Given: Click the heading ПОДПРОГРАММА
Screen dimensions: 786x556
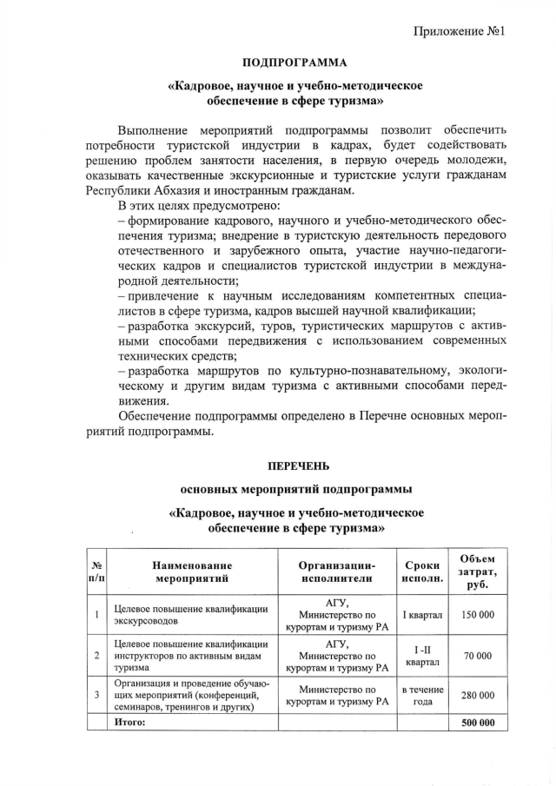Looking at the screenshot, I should pyautogui.click(x=295, y=63).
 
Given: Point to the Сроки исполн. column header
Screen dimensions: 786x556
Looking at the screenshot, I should pyautogui.click(x=422, y=570).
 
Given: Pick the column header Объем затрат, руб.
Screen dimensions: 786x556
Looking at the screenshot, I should pyautogui.click(x=477, y=570).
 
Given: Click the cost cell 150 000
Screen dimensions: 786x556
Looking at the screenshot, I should pyautogui.click(x=477, y=614).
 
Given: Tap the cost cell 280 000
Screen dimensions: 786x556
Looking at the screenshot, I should pyautogui.click(x=477, y=696).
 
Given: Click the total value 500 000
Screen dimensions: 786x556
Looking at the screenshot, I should pyautogui.click(x=477, y=723).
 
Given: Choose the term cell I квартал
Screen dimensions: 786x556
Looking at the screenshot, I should pyautogui.click(x=422, y=614).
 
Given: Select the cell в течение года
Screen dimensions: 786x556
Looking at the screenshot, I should pyautogui.click(x=422, y=696).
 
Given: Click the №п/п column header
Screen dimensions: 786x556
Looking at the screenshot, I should pyautogui.click(x=96, y=570).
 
